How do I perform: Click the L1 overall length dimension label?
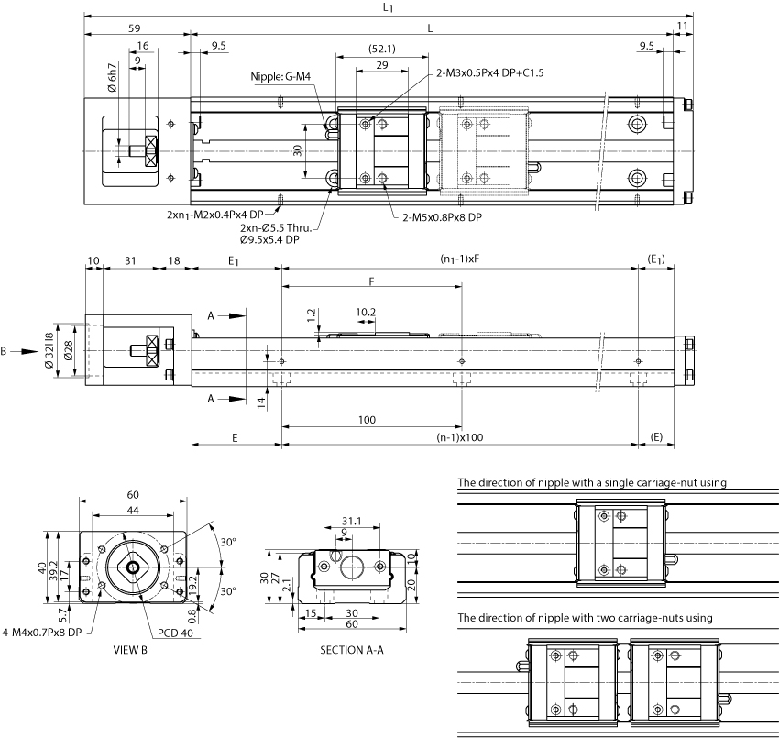coord(388,7)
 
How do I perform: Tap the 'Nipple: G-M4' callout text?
coord(280,76)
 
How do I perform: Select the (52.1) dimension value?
coord(382,49)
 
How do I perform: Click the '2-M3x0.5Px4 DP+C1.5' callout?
coord(490,73)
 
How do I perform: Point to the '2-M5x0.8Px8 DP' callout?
coord(442,217)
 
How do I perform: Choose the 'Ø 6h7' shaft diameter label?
coord(113,78)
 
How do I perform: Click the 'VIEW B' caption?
coord(130,650)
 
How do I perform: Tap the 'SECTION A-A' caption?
coord(352,650)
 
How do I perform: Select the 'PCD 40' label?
coord(175,633)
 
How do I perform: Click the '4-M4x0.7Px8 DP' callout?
coord(42,633)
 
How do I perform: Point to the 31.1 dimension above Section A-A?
coord(352,522)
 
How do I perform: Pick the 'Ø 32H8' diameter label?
coord(49,351)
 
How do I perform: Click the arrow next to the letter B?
coord(24,352)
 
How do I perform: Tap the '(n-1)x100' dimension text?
coord(460,438)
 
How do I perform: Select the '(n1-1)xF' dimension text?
coord(460,259)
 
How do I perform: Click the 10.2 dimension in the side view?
coord(366,312)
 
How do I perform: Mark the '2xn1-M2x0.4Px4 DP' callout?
coord(215,215)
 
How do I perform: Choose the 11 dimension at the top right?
coord(683,26)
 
